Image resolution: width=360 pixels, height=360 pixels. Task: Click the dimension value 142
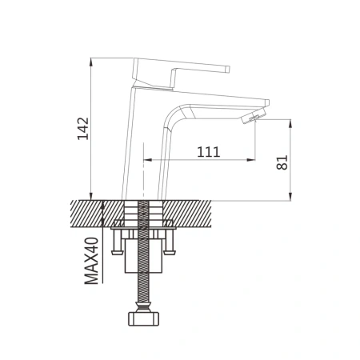[x=83, y=129]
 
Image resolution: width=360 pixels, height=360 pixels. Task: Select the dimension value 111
[x=209, y=152]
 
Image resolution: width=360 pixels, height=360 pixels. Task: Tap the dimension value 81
[x=282, y=162]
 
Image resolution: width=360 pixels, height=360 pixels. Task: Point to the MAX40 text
[x=92, y=261]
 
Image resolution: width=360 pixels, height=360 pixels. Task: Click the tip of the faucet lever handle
[x=228, y=69]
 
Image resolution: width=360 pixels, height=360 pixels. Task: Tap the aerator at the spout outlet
[x=250, y=118]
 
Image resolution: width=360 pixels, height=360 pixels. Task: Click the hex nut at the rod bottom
[x=144, y=318]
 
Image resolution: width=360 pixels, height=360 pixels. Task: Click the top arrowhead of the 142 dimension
[x=91, y=62]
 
